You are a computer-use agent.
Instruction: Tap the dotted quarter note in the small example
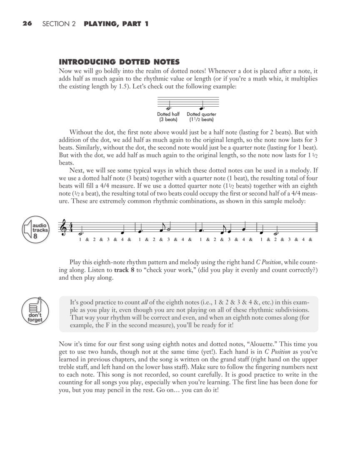pos(201,108)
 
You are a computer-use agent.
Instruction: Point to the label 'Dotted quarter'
pos(201,114)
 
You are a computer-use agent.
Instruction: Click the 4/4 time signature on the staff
pos(71,227)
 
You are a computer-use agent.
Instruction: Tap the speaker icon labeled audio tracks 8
pos(35,230)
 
